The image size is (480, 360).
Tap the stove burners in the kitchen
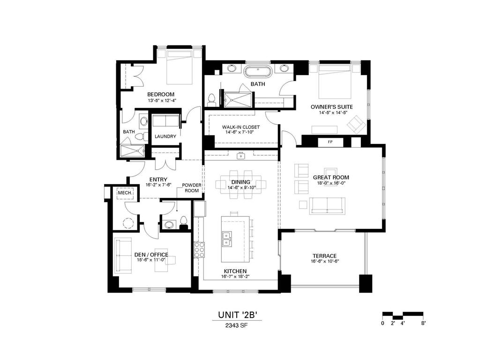click(x=199, y=250)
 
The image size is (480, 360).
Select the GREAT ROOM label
click(x=331, y=178)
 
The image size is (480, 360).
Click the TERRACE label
click(x=324, y=256)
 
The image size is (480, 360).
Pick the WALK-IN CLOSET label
click(x=240, y=127)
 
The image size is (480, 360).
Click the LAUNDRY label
click(x=165, y=136)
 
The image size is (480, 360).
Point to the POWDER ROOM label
click(x=192, y=187)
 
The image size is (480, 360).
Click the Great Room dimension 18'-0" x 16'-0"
click(x=331, y=183)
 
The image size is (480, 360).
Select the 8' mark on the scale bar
click(x=423, y=323)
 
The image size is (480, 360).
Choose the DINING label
click(x=240, y=182)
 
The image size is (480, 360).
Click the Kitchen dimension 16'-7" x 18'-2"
click(x=235, y=277)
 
